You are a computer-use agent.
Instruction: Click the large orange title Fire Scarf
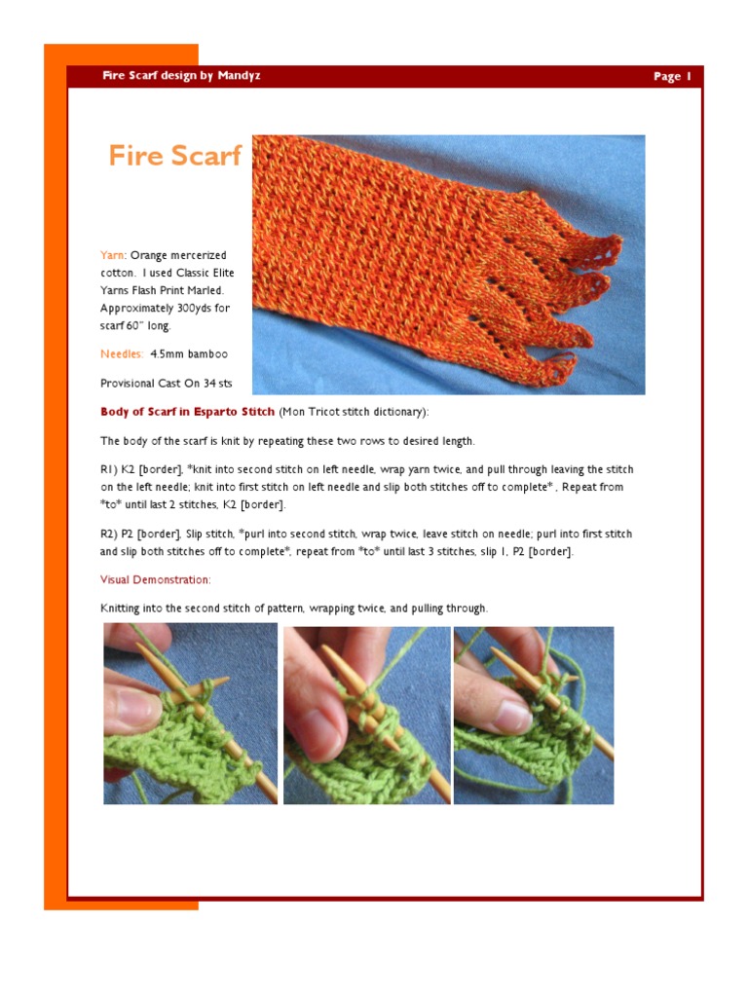coord(174,156)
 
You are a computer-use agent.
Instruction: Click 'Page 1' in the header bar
coord(672,76)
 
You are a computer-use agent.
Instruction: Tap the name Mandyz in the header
coord(238,76)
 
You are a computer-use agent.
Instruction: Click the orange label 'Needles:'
coord(122,353)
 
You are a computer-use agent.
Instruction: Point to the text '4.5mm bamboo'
coord(190,353)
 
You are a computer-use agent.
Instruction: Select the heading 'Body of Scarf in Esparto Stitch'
coord(188,412)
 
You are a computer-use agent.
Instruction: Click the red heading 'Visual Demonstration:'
coord(155,579)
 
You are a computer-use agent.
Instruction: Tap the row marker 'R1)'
coord(109,469)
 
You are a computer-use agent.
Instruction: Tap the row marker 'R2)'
coord(109,534)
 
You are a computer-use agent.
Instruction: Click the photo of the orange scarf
coord(448,264)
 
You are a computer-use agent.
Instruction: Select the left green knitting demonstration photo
coord(190,715)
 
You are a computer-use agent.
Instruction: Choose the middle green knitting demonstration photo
coord(366,715)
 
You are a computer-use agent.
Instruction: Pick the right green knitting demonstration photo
coord(534,715)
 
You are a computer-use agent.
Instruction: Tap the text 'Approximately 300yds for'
coord(165,308)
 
